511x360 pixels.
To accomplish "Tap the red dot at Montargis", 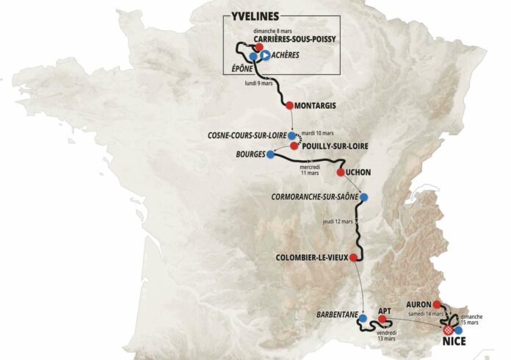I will (x=289, y=105).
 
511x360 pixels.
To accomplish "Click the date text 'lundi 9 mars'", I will (x=258, y=83).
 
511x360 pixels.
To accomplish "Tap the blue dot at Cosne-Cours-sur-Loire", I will (x=292, y=136).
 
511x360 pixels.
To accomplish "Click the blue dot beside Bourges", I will (x=271, y=155).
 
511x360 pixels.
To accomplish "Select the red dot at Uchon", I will (x=340, y=172).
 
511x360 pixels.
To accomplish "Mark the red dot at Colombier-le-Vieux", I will (x=354, y=257).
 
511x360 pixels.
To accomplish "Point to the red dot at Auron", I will (x=436, y=304).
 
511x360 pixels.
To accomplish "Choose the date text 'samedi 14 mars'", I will (x=426, y=314).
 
